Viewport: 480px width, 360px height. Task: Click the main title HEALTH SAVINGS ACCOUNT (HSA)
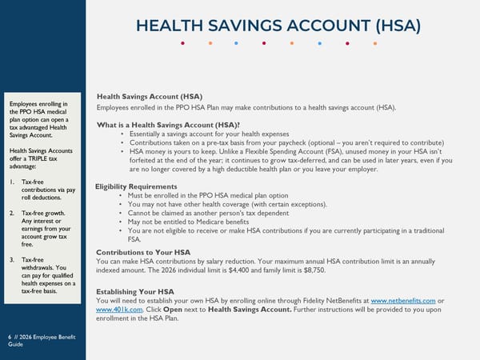(x=278, y=26)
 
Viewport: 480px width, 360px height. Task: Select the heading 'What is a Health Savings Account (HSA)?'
(x=168, y=125)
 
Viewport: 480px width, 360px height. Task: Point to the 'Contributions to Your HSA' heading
(x=143, y=252)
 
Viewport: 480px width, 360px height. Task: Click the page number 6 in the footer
(x=10, y=337)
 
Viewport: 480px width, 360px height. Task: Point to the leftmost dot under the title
(x=183, y=43)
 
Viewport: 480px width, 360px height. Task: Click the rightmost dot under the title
(x=374, y=43)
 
